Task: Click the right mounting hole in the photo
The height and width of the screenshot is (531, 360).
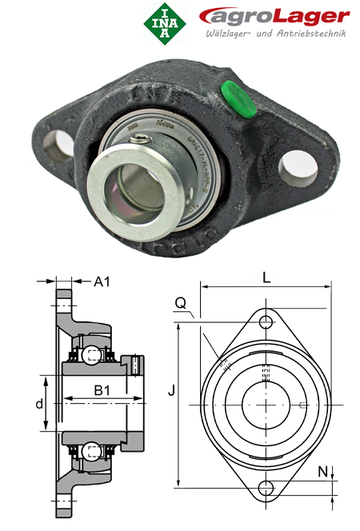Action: (295, 161)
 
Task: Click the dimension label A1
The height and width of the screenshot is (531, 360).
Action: (102, 281)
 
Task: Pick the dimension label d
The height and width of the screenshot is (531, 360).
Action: (38, 404)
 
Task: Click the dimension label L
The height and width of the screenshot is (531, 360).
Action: (266, 278)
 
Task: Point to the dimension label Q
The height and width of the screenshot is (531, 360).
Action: (181, 302)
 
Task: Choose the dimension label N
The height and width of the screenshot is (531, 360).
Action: (322, 472)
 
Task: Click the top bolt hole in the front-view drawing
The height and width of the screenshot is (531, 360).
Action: (266, 322)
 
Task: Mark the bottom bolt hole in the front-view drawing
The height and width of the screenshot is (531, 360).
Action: (266, 487)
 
